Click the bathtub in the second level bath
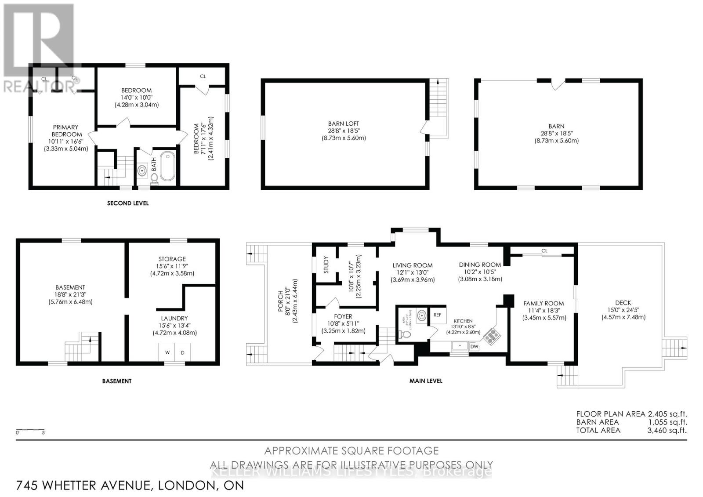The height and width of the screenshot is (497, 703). (167, 167)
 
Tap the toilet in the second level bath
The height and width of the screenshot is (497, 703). (155, 178)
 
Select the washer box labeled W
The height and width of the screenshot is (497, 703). (167, 352)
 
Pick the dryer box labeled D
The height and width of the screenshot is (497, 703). (183, 352)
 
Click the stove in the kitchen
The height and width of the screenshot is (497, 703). (492, 336)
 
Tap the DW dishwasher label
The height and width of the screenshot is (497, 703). (474, 347)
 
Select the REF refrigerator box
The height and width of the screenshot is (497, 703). (437, 315)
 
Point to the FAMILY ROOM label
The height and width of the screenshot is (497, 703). (543, 303)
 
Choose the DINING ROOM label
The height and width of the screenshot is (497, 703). (480, 265)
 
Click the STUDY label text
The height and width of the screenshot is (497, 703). (326, 265)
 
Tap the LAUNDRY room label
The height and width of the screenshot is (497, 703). (174, 318)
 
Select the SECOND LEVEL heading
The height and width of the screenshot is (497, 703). (128, 203)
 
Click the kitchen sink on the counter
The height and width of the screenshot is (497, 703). (460, 346)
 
